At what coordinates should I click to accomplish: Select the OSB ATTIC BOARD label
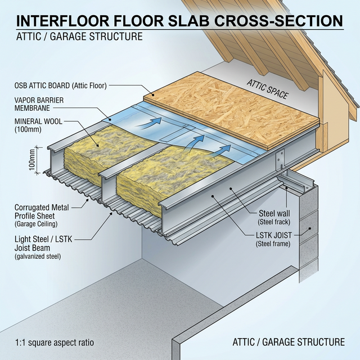coord(61,86)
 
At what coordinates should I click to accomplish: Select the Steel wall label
coord(274,213)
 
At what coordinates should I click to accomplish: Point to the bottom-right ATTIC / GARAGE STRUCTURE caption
coord(289,341)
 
